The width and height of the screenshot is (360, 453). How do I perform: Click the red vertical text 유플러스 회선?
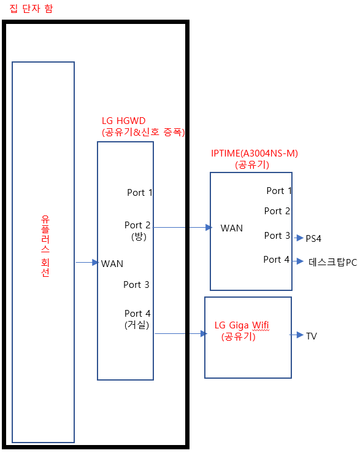point(45,246)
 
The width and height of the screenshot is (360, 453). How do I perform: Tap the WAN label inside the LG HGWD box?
point(112,264)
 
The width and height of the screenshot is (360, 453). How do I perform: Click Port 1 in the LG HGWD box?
point(140,193)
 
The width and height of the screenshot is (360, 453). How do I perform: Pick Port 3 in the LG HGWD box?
point(136,285)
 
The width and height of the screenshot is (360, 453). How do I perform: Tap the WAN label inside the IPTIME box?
point(232,228)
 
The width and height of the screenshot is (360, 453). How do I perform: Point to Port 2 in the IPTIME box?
point(277,211)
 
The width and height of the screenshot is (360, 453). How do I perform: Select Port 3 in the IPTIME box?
point(277,236)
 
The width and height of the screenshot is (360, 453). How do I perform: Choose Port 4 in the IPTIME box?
point(277,260)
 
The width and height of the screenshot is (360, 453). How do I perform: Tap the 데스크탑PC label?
point(332,262)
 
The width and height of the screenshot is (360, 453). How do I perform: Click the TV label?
point(312,336)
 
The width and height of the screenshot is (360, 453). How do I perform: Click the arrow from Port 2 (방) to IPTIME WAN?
point(182,228)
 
